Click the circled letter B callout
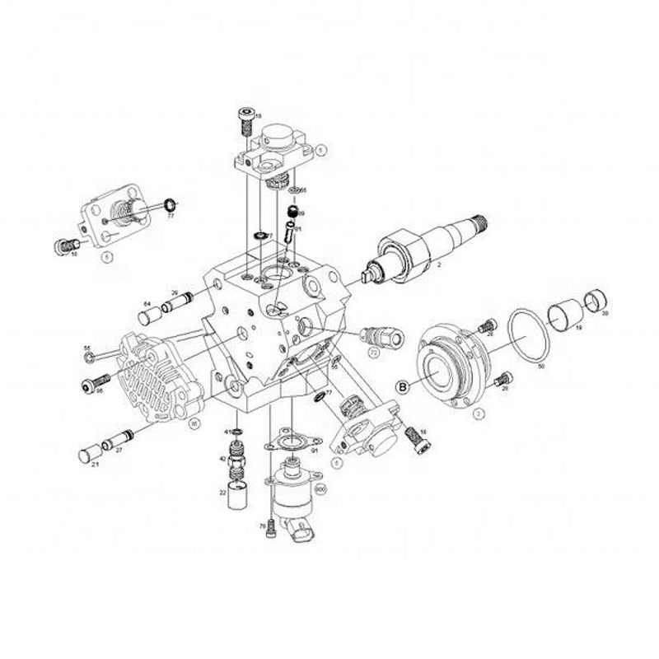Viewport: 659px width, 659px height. (404, 386)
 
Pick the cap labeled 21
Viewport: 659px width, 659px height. (87, 454)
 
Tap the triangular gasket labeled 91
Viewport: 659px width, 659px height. (289, 442)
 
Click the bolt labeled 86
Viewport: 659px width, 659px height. (96, 383)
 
